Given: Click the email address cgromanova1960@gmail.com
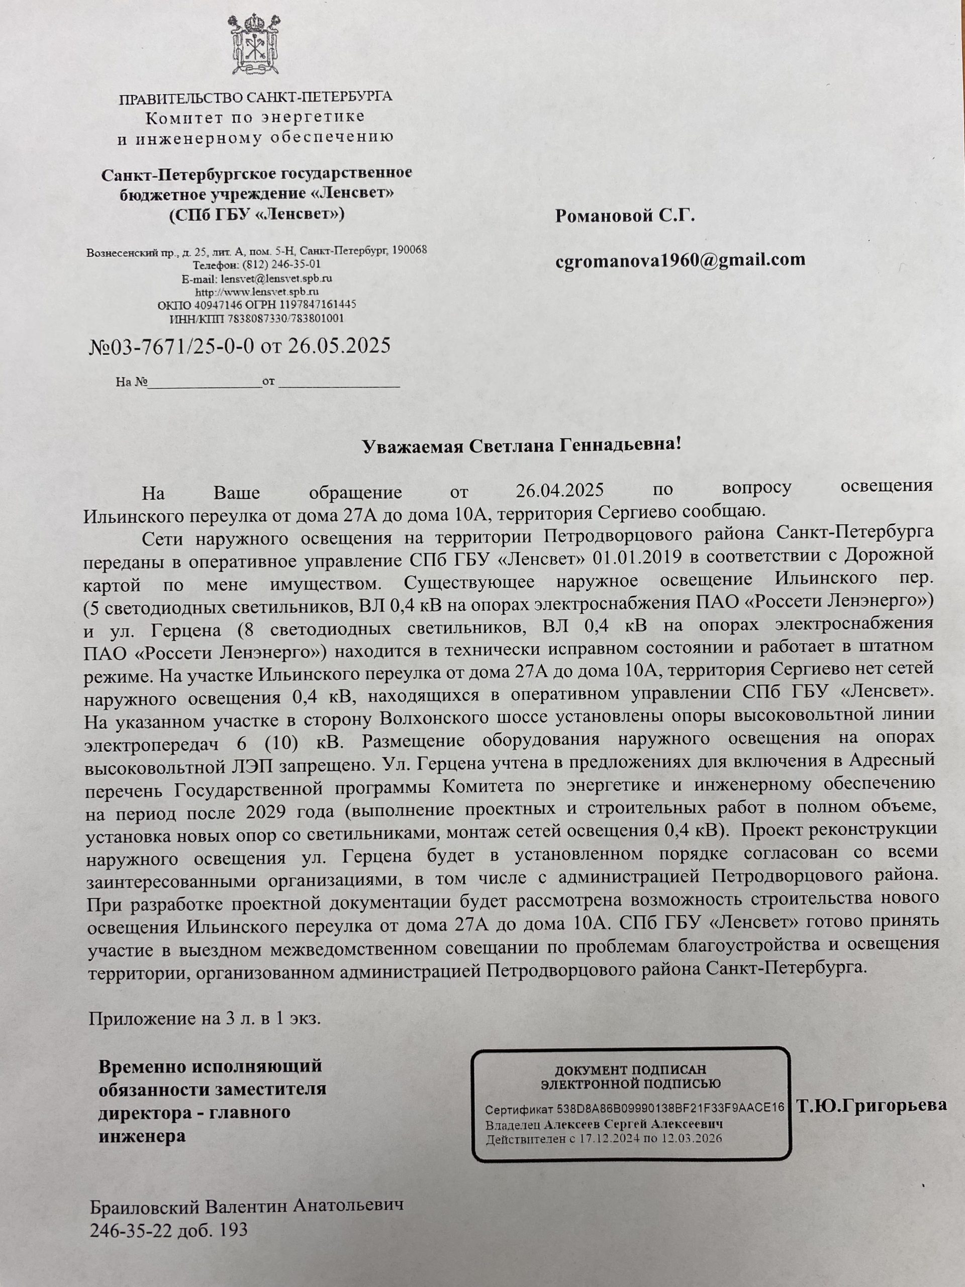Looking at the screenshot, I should click(680, 259).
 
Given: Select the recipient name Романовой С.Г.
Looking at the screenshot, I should click(625, 217).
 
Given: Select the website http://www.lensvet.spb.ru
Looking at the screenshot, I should click(256, 291).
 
